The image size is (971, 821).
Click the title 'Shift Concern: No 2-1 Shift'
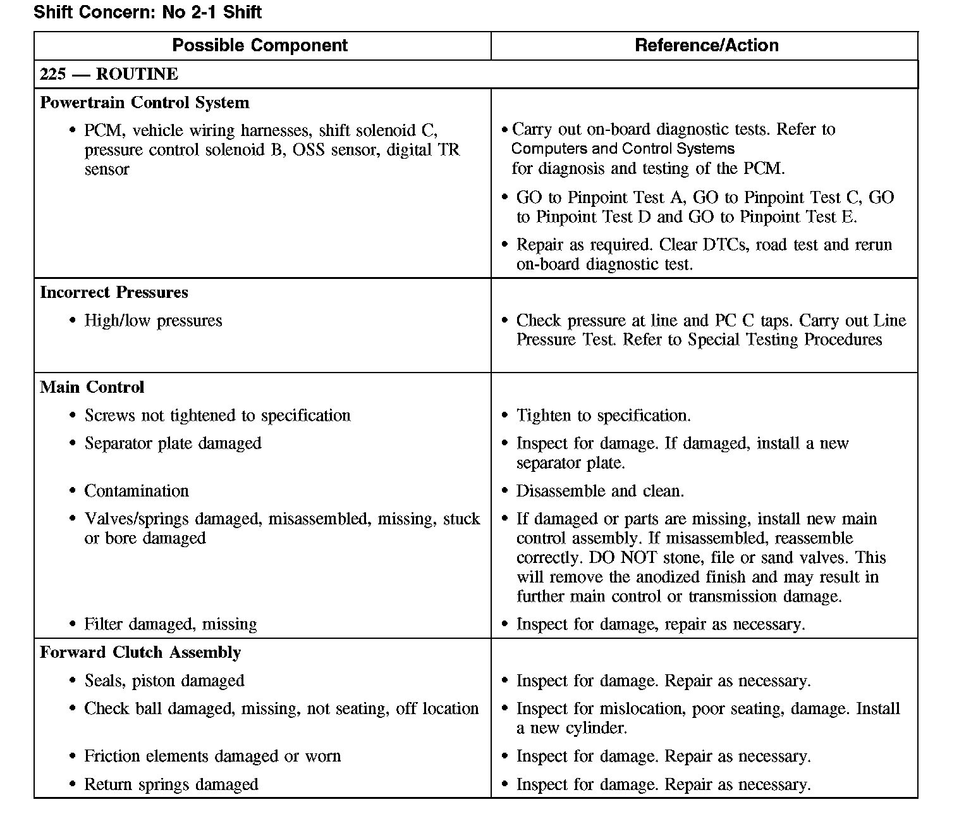(147, 12)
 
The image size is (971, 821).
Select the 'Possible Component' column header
(260, 46)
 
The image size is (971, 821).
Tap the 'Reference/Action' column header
(706, 46)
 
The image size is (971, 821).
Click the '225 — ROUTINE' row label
(109, 74)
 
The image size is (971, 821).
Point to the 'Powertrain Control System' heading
(144, 102)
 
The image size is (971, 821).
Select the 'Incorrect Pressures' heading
(114, 292)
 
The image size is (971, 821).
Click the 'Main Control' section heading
(92, 387)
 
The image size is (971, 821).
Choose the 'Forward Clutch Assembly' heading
(140, 652)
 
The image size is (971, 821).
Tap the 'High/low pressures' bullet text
(153, 321)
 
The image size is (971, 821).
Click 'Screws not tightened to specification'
(217, 416)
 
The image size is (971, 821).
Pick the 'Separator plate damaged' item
(173, 443)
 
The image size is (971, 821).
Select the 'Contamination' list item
(137, 491)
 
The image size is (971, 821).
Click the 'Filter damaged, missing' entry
(171, 624)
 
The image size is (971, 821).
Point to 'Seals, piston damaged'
(164, 681)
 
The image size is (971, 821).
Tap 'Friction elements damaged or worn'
(212, 756)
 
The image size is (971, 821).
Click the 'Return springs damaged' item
(171, 785)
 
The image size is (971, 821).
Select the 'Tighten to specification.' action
(603, 416)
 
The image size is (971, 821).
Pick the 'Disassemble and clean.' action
(600, 491)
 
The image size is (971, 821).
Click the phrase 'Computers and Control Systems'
(623, 149)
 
